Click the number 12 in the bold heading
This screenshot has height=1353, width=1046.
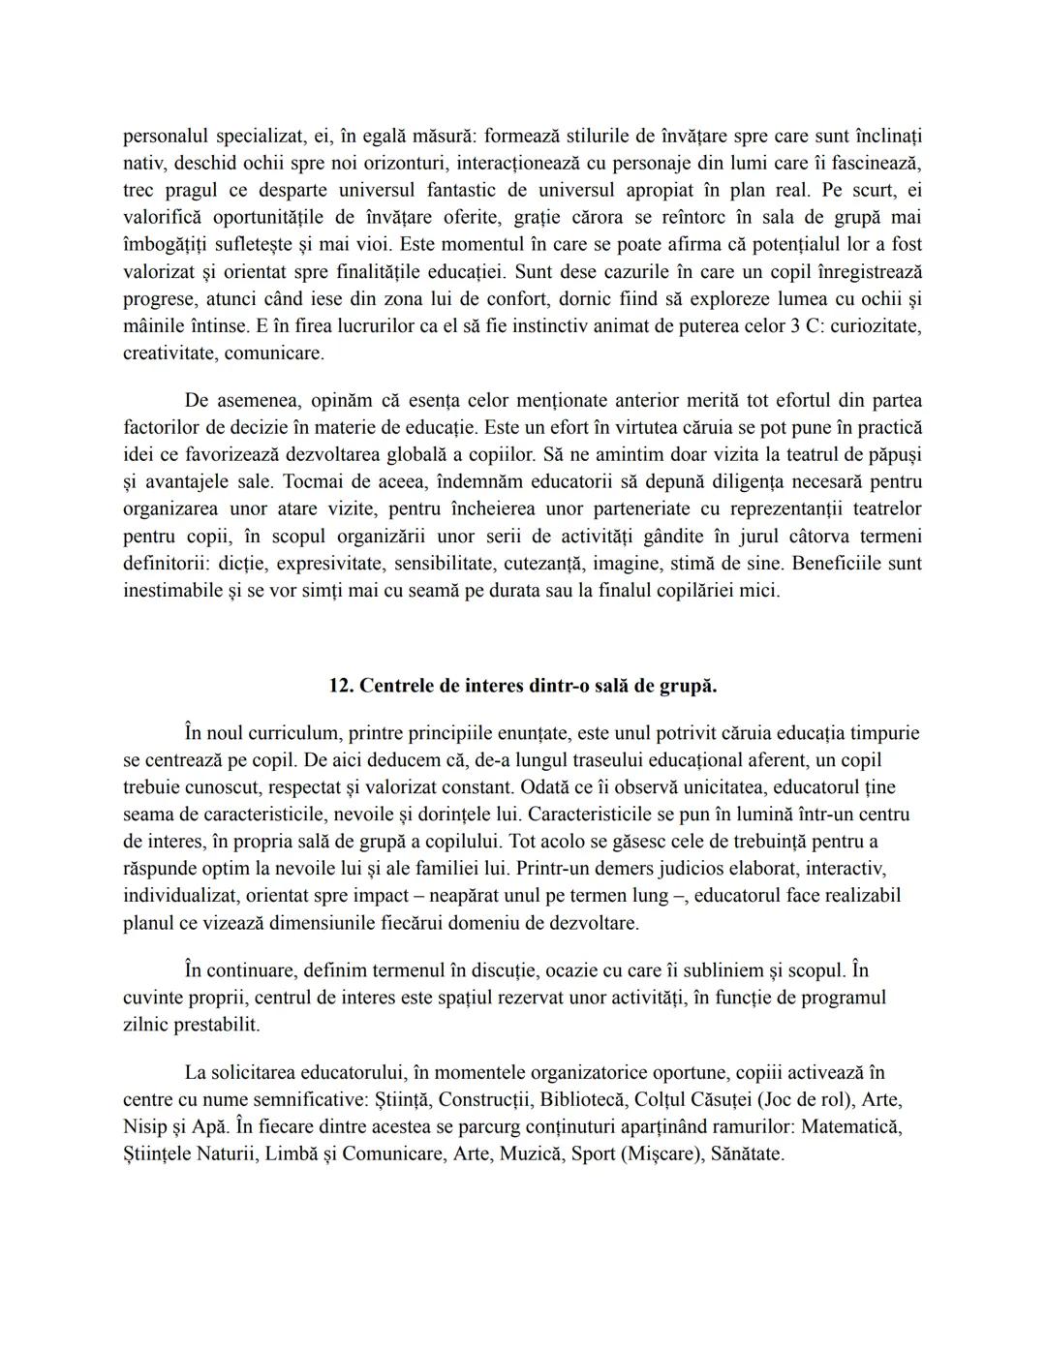pos(339,686)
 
